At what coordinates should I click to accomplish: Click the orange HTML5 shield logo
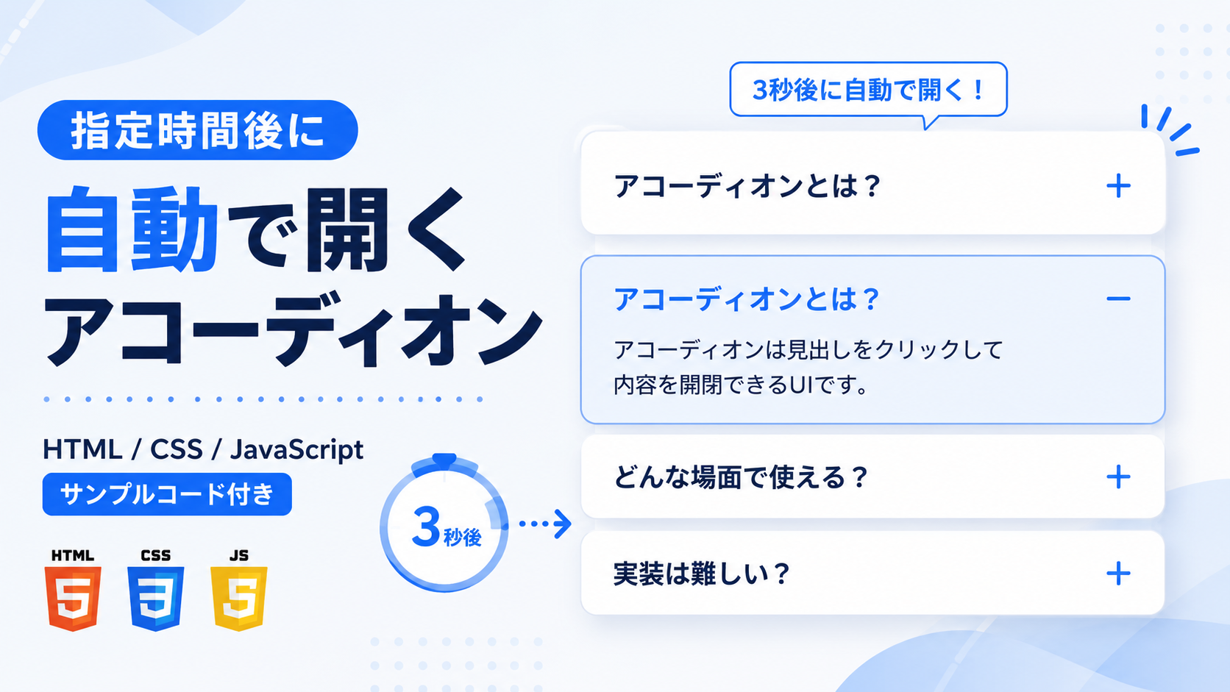tap(73, 598)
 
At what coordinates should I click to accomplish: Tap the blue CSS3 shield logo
tap(155, 598)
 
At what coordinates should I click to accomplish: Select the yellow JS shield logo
tap(239, 598)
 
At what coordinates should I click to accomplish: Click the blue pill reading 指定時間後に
tap(198, 130)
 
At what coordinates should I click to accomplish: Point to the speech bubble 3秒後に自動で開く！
tap(868, 90)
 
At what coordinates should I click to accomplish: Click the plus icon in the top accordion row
tap(1118, 185)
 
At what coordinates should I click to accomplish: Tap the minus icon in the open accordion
tap(1118, 299)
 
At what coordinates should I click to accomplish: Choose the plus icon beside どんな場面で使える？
tap(1118, 477)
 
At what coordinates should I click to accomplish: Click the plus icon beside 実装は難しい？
tap(1118, 574)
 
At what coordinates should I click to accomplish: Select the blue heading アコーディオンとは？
tap(746, 299)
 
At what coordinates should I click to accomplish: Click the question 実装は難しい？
tap(701, 574)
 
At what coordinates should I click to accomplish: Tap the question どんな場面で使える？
tap(741, 477)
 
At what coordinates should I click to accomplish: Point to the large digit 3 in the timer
tap(426, 527)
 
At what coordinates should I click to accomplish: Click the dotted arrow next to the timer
tap(544, 524)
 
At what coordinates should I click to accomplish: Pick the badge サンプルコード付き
tap(167, 494)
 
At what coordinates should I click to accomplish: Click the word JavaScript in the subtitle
tap(296, 450)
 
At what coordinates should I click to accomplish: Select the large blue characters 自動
tap(132, 229)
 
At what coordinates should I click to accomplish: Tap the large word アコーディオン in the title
tap(293, 329)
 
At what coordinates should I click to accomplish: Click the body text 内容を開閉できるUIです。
tap(741, 385)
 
